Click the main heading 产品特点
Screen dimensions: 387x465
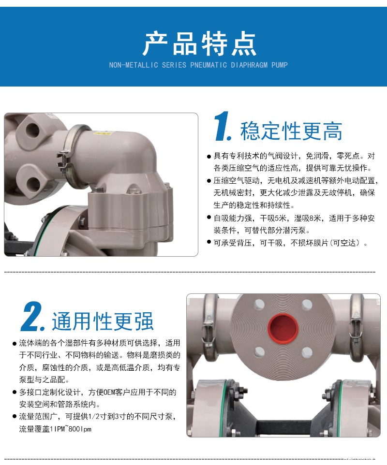(199, 44)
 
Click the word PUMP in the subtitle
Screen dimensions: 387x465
(280, 65)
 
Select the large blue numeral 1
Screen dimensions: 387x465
(223, 126)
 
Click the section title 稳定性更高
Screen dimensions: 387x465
(291, 131)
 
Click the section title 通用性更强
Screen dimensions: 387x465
(103, 321)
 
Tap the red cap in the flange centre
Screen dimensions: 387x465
(283, 328)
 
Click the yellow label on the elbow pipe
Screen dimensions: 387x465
(102, 133)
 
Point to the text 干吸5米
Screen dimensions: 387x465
(273, 218)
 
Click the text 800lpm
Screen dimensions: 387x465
(80, 429)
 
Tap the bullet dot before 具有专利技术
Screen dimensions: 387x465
(209, 156)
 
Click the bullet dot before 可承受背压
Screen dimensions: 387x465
(209, 242)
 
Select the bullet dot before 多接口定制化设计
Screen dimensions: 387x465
(15, 392)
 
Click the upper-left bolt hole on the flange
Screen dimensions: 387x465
(259, 305)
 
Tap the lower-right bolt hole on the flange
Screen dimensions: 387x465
(307, 352)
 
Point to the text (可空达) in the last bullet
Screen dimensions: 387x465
(345, 243)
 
